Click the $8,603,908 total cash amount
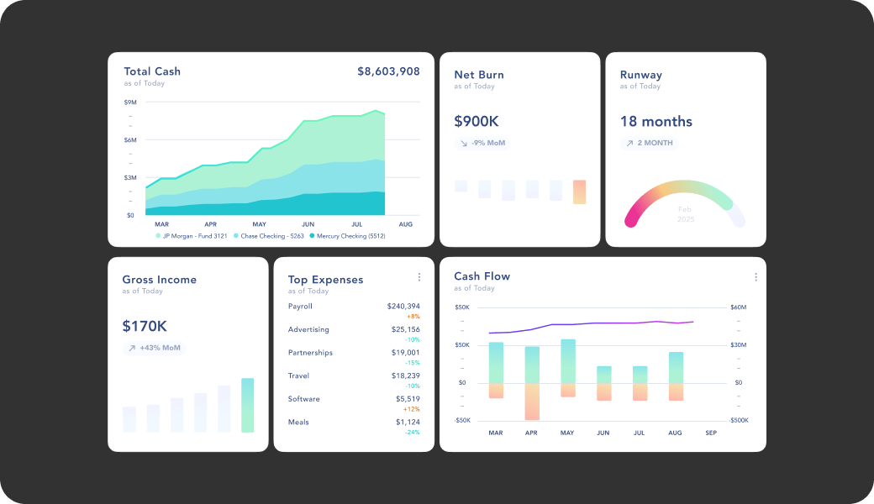(x=388, y=71)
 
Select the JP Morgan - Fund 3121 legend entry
(x=193, y=236)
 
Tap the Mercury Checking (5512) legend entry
(x=347, y=236)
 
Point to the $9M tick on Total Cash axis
(x=130, y=102)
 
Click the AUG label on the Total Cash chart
(x=405, y=224)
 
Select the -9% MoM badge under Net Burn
(x=482, y=144)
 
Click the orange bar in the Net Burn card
(x=579, y=192)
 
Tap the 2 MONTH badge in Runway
(x=649, y=144)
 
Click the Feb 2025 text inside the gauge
(x=685, y=214)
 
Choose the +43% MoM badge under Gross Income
(x=154, y=348)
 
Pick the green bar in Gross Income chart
(x=247, y=405)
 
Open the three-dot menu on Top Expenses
(x=419, y=277)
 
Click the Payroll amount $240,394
(x=403, y=307)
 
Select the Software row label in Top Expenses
(x=303, y=399)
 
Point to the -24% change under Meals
(x=413, y=433)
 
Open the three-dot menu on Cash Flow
(x=756, y=277)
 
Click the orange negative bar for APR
(x=531, y=402)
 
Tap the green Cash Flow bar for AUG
(x=676, y=367)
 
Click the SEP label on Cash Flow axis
(x=711, y=433)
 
